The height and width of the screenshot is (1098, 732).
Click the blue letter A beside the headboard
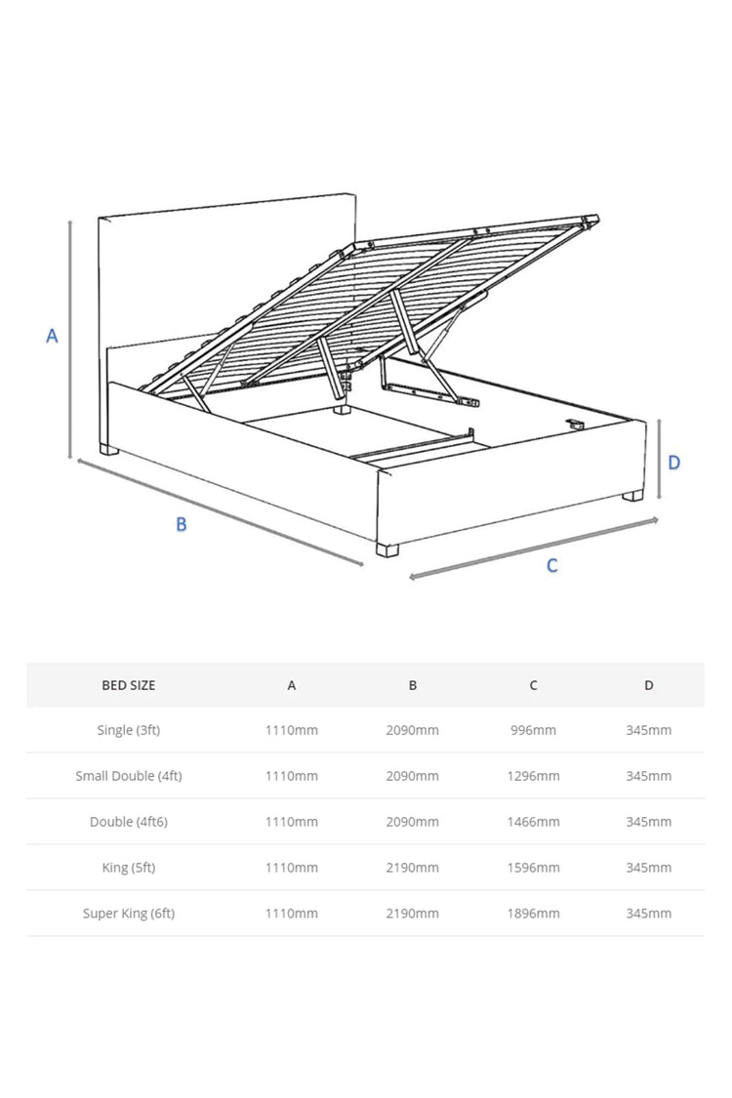[52, 336]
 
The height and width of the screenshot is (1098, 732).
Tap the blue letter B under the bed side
[182, 524]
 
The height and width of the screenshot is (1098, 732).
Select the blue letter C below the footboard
[551, 566]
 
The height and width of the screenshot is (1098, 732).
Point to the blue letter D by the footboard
[673, 462]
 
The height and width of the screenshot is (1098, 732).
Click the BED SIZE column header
[129, 685]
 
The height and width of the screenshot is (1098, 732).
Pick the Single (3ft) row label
[129, 730]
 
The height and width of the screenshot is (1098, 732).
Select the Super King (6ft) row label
[129, 914]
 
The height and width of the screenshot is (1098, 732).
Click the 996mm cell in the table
[533, 730]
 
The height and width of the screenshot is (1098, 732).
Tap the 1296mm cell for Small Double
[533, 776]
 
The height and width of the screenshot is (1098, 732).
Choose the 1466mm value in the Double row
[533, 822]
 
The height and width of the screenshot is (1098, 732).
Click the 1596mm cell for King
[533, 868]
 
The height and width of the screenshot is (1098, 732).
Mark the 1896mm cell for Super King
[533, 914]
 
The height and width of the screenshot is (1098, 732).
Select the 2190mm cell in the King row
[413, 868]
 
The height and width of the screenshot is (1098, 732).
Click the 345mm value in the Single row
[649, 730]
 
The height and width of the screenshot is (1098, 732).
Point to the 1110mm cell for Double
[292, 822]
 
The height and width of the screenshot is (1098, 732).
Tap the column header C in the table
[533, 685]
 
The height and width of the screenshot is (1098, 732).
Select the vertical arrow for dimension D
[661, 458]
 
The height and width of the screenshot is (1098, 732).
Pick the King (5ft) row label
[129, 868]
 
